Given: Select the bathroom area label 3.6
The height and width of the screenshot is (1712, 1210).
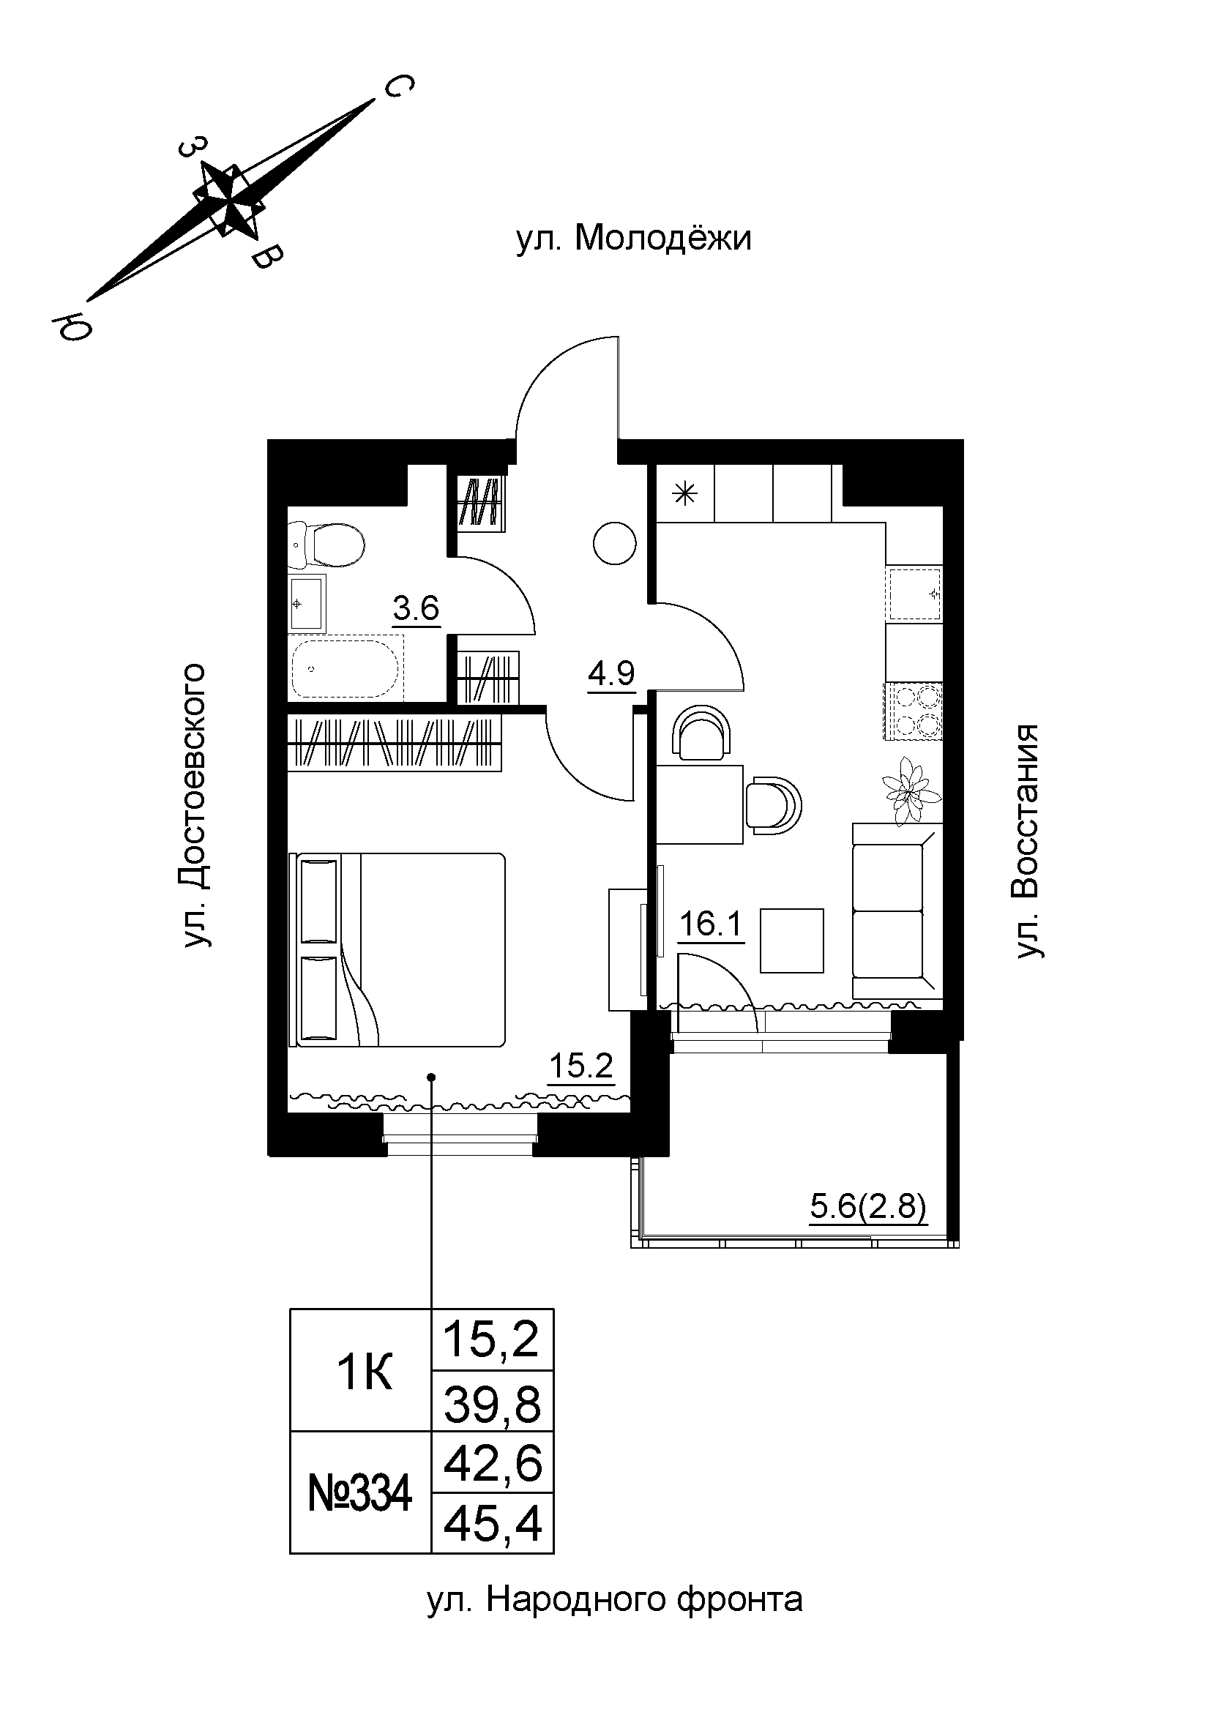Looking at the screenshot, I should [x=416, y=609].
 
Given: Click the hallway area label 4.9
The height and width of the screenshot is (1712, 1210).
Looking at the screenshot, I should [x=610, y=674].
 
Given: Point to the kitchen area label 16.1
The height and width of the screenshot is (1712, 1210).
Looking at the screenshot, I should [x=711, y=925].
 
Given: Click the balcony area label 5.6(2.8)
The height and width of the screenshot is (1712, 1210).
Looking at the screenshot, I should [x=868, y=1206].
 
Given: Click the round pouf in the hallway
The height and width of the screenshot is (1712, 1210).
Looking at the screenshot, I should [x=614, y=542].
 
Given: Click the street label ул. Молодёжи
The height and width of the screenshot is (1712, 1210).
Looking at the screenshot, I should [x=634, y=239].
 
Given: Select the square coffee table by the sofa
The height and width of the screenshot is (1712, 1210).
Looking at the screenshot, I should [x=791, y=941].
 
